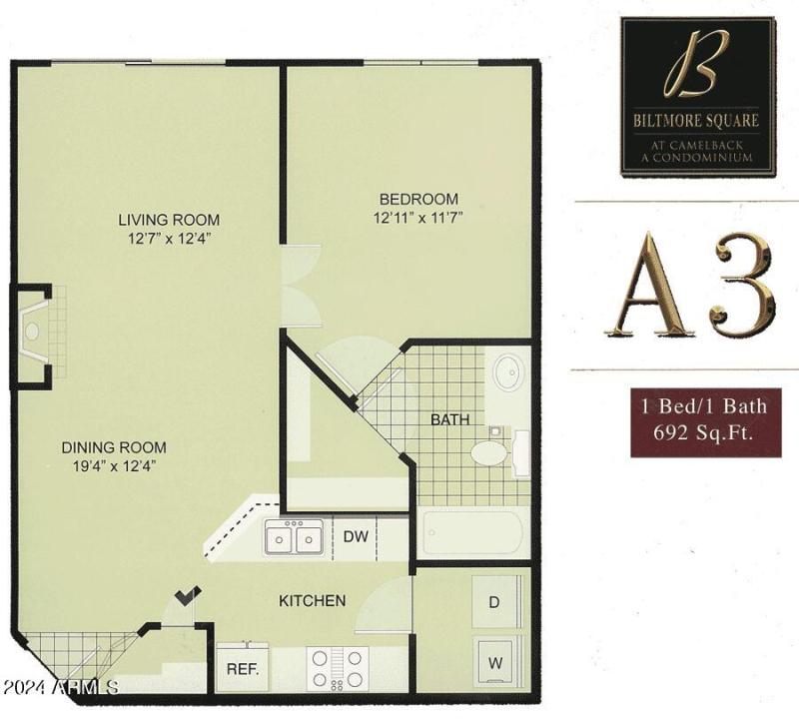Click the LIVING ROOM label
click(x=169, y=220)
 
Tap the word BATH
click(x=450, y=419)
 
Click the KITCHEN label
click(x=312, y=600)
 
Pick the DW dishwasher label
click(x=356, y=537)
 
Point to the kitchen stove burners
click(x=338, y=667)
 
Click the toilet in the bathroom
click(x=491, y=451)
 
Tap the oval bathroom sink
click(x=507, y=371)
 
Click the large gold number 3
click(x=741, y=286)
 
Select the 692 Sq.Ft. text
click(x=704, y=433)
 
